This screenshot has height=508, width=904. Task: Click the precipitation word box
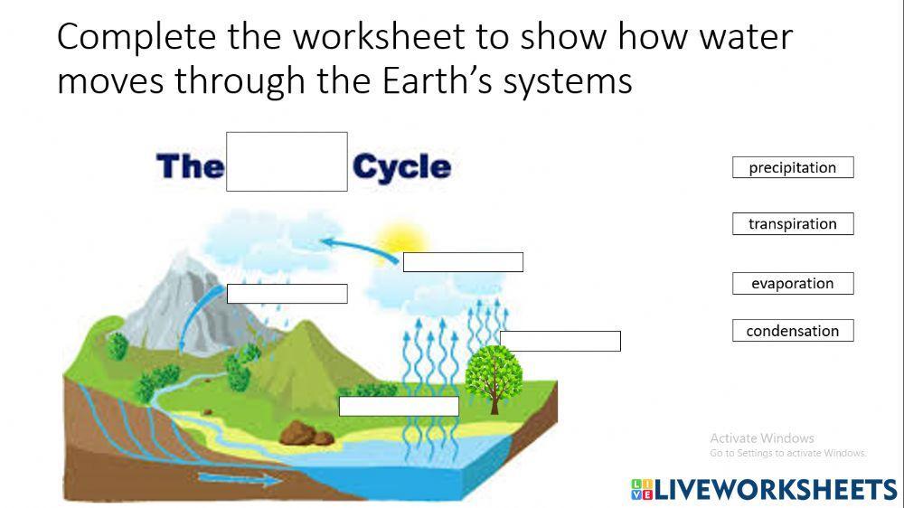coord(793,167)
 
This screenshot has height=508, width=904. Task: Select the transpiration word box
coord(793,224)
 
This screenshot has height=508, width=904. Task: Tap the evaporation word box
coord(793,284)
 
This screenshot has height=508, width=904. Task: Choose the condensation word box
coord(793,331)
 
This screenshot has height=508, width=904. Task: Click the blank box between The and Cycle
coord(287,162)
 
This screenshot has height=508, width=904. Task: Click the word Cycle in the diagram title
coord(401,167)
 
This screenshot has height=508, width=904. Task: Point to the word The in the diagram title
coord(190,167)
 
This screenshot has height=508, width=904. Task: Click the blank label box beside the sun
coord(463,262)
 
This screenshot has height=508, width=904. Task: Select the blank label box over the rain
coord(287,294)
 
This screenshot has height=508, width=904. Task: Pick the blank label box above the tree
coord(560,341)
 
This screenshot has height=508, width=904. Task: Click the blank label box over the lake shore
coord(399,407)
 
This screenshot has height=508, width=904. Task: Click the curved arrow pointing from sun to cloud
coord(357,247)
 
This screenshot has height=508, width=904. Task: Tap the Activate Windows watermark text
coord(762,438)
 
